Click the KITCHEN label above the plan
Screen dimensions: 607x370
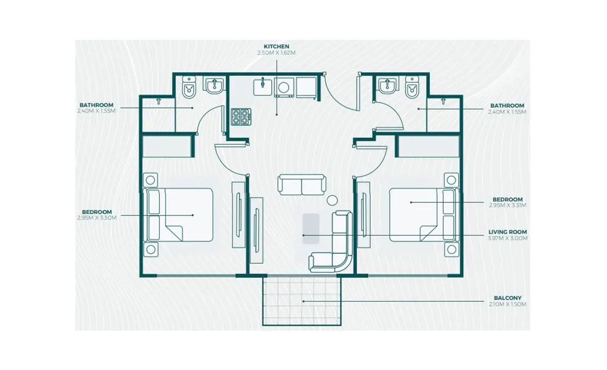(276, 46)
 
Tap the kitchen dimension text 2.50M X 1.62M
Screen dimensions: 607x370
(276, 52)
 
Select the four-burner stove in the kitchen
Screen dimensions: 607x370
(241, 117)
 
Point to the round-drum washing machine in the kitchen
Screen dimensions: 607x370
(284, 87)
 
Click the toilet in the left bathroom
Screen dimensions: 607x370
(189, 88)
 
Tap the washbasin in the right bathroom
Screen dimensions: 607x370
(387, 85)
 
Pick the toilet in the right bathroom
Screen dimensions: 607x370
(412, 88)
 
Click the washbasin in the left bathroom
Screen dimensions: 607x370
(214, 85)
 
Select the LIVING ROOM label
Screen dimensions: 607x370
(507, 232)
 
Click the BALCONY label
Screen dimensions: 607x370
(507, 298)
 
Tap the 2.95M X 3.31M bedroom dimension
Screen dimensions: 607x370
(507, 205)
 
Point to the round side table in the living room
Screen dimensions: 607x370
(332, 200)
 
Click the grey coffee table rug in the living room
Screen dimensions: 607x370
(311, 229)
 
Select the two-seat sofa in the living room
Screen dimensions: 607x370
(302, 185)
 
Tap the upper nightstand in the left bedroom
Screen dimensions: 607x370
(150, 180)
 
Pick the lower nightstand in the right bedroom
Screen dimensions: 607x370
(451, 249)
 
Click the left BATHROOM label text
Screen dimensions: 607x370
(97, 105)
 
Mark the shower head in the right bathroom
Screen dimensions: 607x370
(443, 101)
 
